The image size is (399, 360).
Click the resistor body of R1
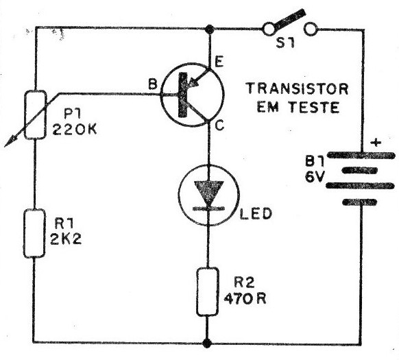tap(34, 233)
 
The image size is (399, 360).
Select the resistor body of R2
tap(208, 291)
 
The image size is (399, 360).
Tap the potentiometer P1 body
tap(36, 115)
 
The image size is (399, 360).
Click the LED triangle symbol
tap(208, 192)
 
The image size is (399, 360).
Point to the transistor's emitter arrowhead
tap(193, 82)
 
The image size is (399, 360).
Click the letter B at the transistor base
tap(152, 84)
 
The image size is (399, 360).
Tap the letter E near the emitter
tap(219, 62)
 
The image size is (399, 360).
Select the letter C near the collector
tap(219, 125)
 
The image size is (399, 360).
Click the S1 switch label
tap(285, 43)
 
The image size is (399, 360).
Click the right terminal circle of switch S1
tap(311, 29)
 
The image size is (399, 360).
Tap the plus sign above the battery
tap(376, 143)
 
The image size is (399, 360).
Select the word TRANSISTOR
tap(297, 89)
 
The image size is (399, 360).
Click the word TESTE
tap(315, 107)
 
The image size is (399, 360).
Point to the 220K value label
tap(75, 130)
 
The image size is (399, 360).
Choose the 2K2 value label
tap(66, 239)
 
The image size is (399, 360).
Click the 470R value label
tap(245, 299)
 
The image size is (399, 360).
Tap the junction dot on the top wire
tap(209, 29)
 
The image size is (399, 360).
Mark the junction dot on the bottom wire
tap(207, 343)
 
